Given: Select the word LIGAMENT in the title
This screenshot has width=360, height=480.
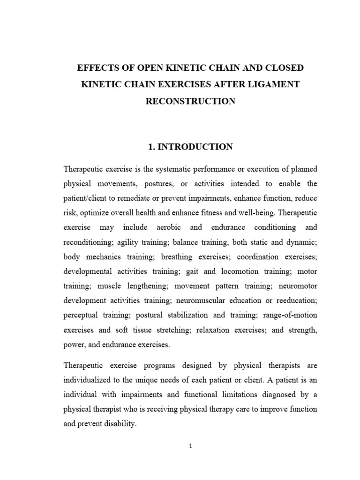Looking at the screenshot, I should [x=276, y=84].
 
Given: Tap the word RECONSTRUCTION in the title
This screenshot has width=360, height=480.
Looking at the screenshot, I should [x=190, y=101].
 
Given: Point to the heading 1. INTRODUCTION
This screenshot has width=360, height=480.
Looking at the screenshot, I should [x=190, y=147].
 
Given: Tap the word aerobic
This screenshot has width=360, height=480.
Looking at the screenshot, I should [x=161, y=227].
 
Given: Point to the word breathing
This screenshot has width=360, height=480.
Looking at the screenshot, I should [x=177, y=257].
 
